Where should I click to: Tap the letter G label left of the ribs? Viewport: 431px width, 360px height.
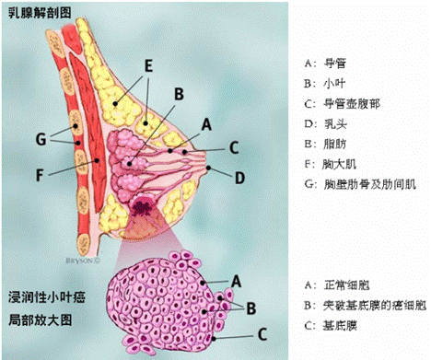[39, 139]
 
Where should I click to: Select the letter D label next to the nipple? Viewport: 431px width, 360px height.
[239, 176]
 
